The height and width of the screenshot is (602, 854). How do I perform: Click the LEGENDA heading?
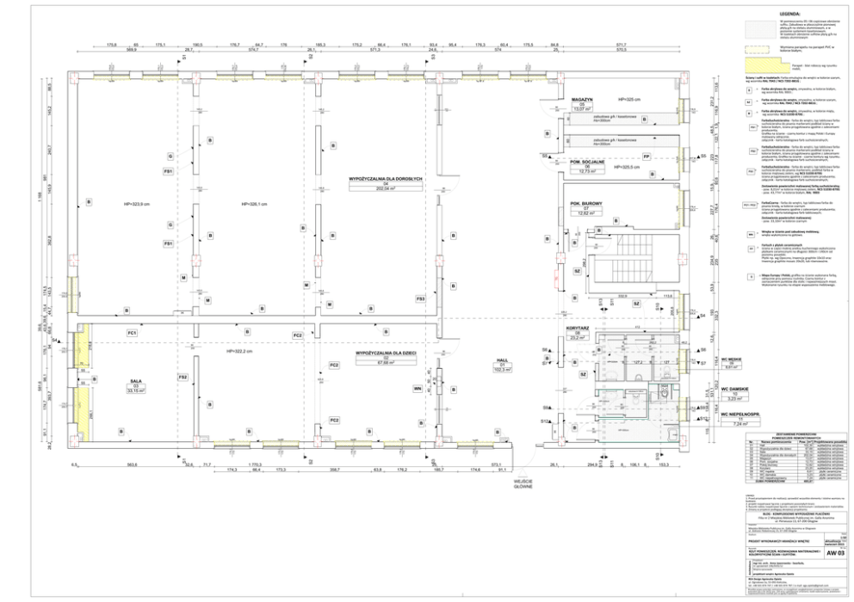pyautogui.click(x=789, y=14)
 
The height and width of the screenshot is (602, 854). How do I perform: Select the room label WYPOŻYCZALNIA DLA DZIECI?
pyautogui.click(x=385, y=353)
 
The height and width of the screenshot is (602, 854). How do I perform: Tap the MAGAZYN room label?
pyautogui.click(x=585, y=100)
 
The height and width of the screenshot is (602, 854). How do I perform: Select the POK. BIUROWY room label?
pyautogui.click(x=585, y=204)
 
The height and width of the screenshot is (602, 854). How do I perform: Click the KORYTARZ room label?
pyautogui.click(x=577, y=329)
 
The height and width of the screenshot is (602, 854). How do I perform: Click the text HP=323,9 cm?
pyautogui.click(x=138, y=204)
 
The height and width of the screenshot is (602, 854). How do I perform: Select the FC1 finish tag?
pyautogui.click(x=132, y=332)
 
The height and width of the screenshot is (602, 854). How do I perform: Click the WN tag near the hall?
pyautogui.click(x=418, y=389)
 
